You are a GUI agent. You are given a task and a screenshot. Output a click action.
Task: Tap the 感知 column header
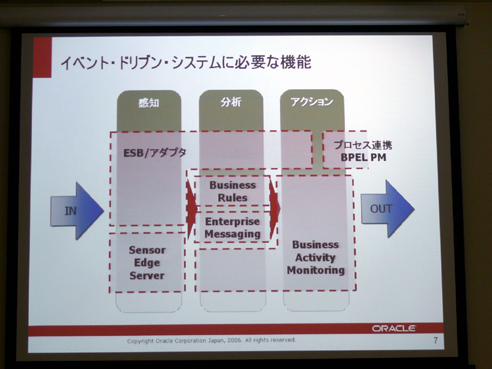click(149, 103)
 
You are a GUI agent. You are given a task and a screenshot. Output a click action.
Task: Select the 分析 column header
click(231, 101)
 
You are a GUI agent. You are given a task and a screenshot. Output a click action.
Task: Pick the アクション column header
click(312, 101)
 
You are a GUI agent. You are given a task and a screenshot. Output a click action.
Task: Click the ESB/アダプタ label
click(155, 153)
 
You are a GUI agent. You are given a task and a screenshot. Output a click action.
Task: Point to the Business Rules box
click(232, 191)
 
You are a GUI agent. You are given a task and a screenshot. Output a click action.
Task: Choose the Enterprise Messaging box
click(232, 227)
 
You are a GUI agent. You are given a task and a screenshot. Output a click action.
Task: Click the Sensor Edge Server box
click(147, 263)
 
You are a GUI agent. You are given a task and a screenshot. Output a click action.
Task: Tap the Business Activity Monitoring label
click(315, 257)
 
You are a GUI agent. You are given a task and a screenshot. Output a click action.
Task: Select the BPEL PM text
click(363, 157)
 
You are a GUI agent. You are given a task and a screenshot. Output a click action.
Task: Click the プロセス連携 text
click(363, 145)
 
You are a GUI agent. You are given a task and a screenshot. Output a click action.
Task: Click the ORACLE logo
click(394, 328)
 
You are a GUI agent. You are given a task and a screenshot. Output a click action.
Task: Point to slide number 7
click(435, 340)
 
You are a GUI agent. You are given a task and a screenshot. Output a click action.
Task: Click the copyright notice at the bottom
click(211, 340)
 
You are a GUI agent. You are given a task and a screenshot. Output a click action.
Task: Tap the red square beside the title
click(42, 57)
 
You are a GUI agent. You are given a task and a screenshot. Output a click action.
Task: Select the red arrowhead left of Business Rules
click(191, 209)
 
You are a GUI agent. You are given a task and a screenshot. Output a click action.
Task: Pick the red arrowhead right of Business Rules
click(274, 208)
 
